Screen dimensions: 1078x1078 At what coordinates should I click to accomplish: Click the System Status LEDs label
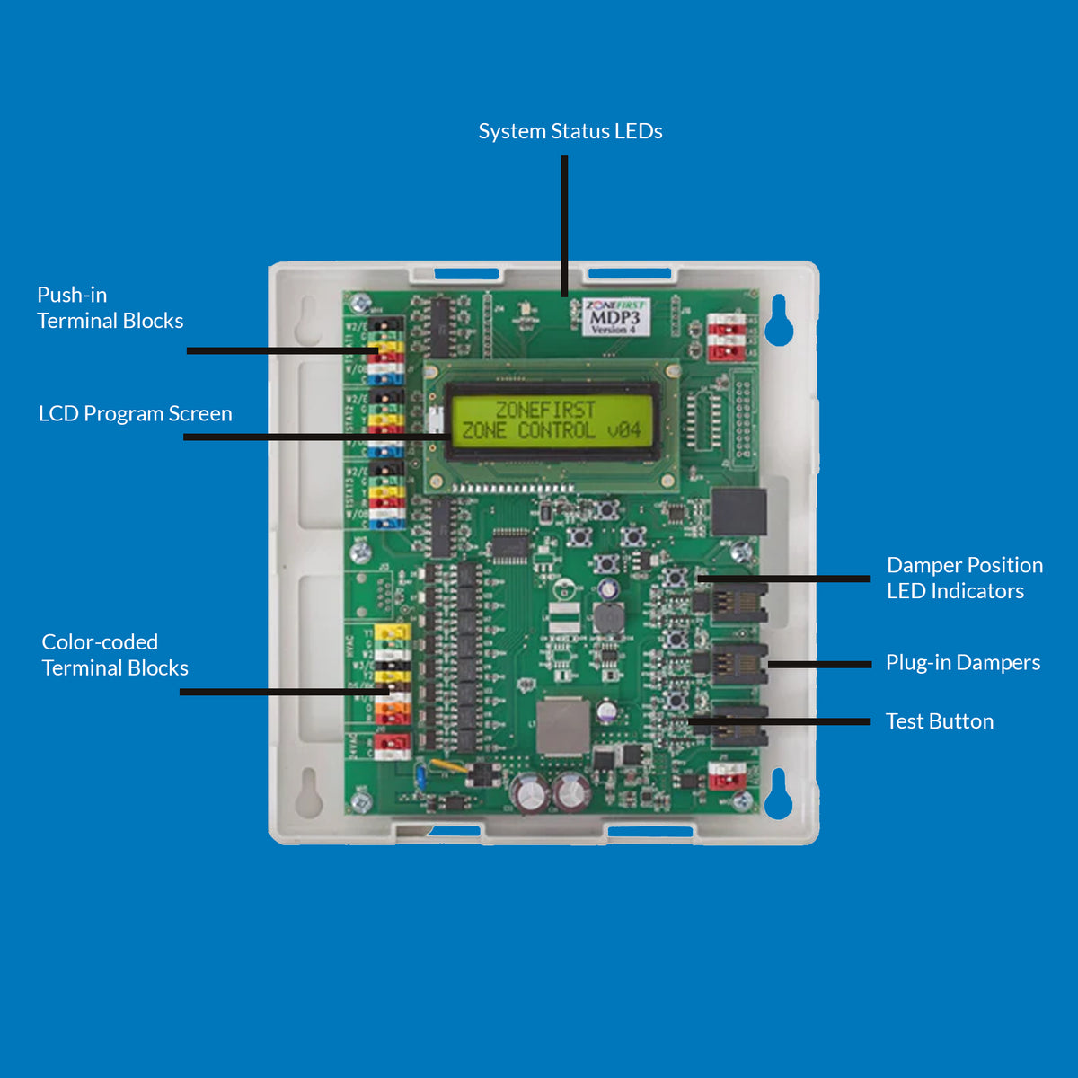(570, 131)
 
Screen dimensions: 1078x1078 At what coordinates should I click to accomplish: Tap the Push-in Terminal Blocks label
(110, 308)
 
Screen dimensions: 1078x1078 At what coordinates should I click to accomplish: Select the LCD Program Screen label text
(135, 413)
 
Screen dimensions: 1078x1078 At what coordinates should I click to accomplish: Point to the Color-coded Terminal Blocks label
(115, 655)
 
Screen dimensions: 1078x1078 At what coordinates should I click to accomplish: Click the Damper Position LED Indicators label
(964, 578)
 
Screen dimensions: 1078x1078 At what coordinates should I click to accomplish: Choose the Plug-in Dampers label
(962, 662)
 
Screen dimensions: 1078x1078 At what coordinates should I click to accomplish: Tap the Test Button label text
(939, 721)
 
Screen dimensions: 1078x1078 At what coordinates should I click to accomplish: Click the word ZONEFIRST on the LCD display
(545, 410)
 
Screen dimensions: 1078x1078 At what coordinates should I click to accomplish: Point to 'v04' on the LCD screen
(623, 430)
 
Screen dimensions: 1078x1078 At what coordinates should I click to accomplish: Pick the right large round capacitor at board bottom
(570, 792)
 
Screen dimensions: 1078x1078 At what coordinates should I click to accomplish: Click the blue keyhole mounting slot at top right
(779, 321)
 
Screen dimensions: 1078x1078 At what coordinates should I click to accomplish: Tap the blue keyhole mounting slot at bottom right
(779, 794)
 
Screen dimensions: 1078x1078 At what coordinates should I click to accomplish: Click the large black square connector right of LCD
(738, 513)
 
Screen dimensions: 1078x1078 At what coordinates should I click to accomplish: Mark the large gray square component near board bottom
(563, 726)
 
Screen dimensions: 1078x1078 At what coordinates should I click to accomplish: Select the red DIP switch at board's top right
(726, 338)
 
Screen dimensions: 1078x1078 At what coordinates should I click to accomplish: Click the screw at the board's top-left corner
(361, 303)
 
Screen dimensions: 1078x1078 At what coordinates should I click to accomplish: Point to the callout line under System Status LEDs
(564, 225)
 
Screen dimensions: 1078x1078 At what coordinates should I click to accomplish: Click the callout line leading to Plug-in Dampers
(819, 665)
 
